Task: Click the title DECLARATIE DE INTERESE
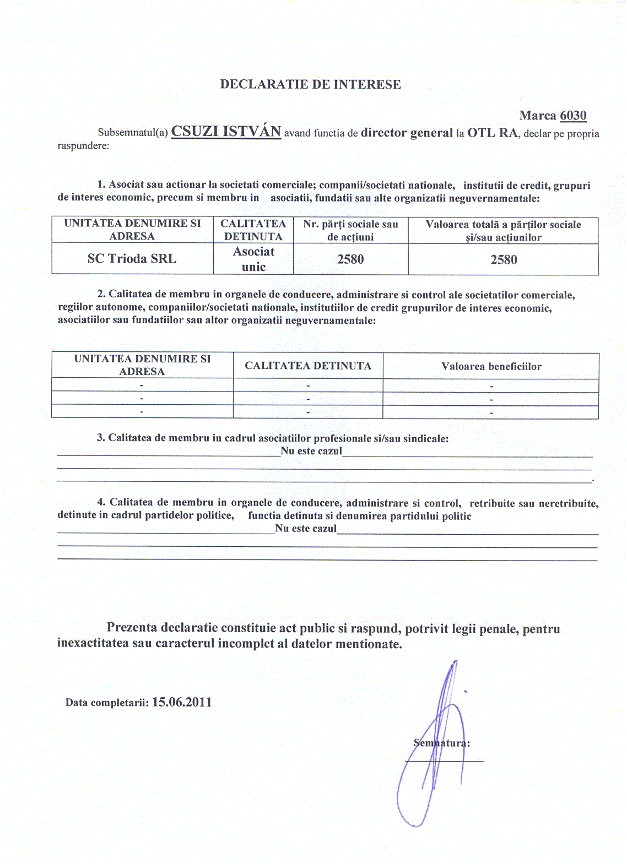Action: pyautogui.click(x=310, y=84)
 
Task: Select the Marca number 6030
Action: pyautogui.click(x=573, y=116)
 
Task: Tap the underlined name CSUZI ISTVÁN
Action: pyautogui.click(x=226, y=132)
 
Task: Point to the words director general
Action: pyautogui.click(x=407, y=133)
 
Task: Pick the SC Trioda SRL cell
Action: pyautogui.click(x=132, y=259)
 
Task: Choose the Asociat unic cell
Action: pyautogui.click(x=253, y=259)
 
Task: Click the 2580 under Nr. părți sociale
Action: pyautogui.click(x=350, y=259)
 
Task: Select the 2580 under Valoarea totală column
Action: pyautogui.click(x=504, y=260)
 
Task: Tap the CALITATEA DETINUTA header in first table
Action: pyautogui.click(x=253, y=230)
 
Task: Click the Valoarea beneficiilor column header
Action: pyautogui.click(x=491, y=366)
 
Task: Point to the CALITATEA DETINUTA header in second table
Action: pyautogui.click(x=308, y=366)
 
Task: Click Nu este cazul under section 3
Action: pyautogui.click(x=311, y=451)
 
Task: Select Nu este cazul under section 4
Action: pyautogui.click(x=306, y=529)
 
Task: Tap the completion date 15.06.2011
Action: pyautogui.click(x=182, y=702)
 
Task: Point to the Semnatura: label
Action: pyautogui.click(x=442, y=743)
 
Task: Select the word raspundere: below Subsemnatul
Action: pyautogui.click(x=83, y=146)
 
